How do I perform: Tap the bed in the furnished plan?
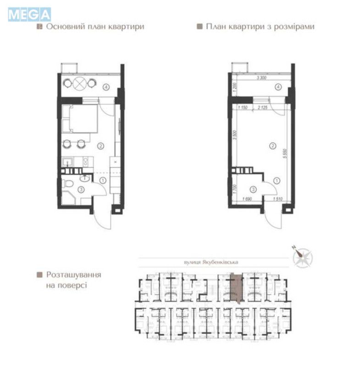[83, 118]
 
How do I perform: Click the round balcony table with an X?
[80, 83]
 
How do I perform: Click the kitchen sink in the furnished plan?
[66, 161]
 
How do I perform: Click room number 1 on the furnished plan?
[103, 181]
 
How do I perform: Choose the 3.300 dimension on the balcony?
[261, 78]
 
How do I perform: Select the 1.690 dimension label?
[243, 200]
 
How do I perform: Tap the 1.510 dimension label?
[277, 200]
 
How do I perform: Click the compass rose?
[303, 257]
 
